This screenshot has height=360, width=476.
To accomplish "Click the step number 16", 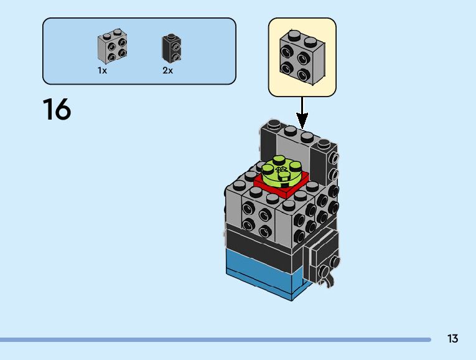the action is (57, 110).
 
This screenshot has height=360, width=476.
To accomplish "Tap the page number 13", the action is (452, 339).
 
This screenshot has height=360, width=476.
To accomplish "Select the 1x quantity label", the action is (102, 71).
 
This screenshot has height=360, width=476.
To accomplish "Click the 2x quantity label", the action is (167, 71).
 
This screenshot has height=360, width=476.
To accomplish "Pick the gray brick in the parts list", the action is (112, 47).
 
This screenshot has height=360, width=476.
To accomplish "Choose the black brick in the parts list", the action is (172, 47).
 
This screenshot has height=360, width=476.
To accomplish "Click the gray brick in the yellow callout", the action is (302, 57).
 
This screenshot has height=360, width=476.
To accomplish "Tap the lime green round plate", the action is (281, 171).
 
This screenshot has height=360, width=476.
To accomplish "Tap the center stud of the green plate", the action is (281, 169).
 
